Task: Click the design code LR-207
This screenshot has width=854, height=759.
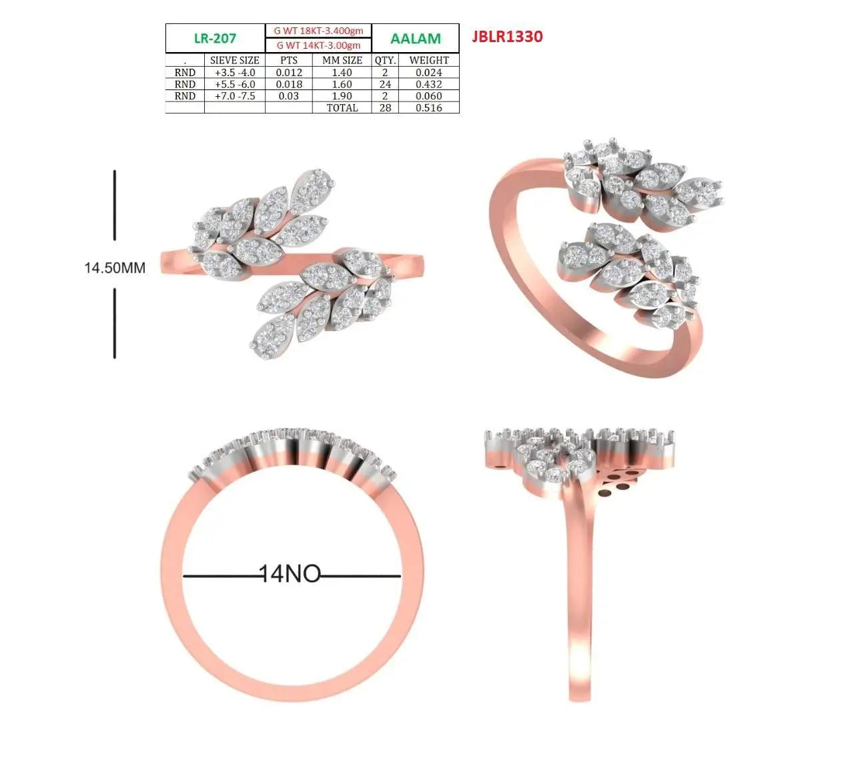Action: (x=215, y=39)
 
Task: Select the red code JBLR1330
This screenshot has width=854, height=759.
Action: (x=507, y=37)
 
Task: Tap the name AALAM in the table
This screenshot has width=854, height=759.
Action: (x=415, y=39)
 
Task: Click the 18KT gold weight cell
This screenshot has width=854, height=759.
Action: (x=318, y=31)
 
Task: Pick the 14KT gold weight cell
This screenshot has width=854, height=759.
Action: (x=318, y=45)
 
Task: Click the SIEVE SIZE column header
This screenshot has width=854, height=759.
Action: (x=235, y=60)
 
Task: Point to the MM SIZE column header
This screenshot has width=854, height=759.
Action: (x=342, y=60)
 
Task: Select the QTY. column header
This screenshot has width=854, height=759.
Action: (x=385, y=60)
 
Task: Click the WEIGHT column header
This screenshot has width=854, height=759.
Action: (x=429, y=60)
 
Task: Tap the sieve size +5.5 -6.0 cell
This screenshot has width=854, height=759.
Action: (x=235, y=84)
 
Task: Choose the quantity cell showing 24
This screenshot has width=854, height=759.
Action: (x=385, y=84)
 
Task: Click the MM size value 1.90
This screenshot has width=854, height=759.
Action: (x=342, y=96)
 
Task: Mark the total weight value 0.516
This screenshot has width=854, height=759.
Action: (x=429, y=108)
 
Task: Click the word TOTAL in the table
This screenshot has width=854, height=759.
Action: (x=342, y=108)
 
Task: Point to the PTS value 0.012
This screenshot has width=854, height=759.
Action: (x=289, y=73)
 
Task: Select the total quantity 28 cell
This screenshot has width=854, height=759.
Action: (x=385, y=108)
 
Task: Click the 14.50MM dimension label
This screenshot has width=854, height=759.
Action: (x=115, y=268)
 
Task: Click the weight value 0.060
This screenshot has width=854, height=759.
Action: (x=429, y=96)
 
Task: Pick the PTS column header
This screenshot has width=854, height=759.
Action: (x=289, y=60)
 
